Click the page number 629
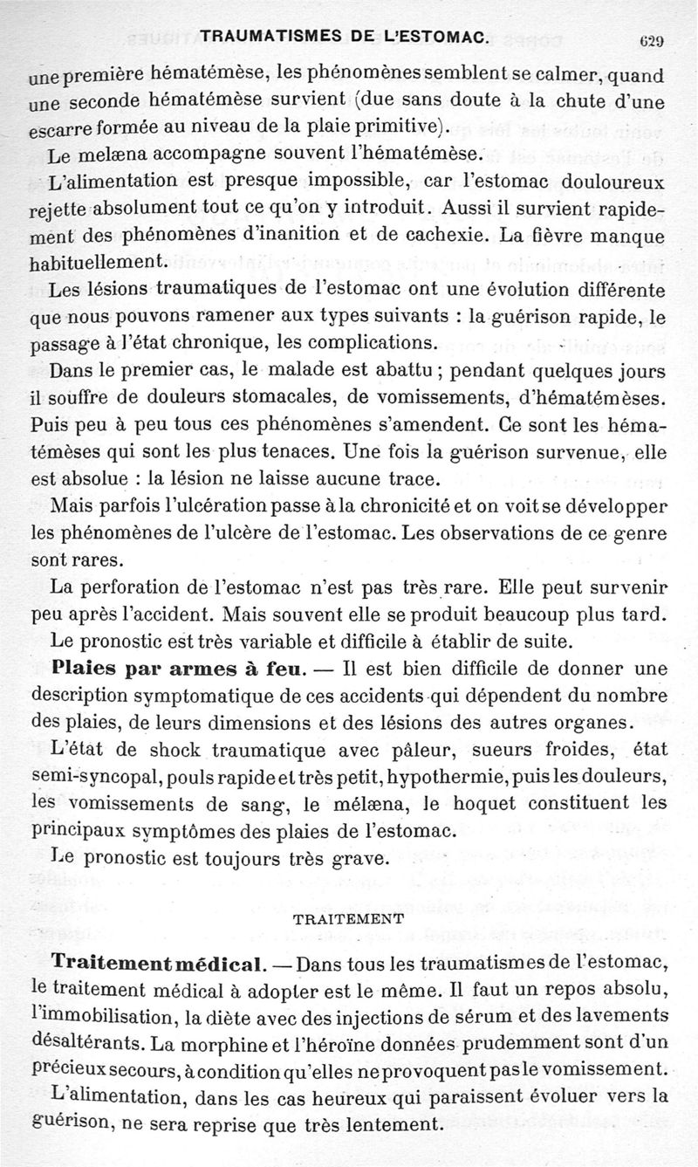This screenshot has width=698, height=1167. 653,40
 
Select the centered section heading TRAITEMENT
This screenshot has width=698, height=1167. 348,919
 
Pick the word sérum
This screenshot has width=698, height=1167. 467,1017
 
